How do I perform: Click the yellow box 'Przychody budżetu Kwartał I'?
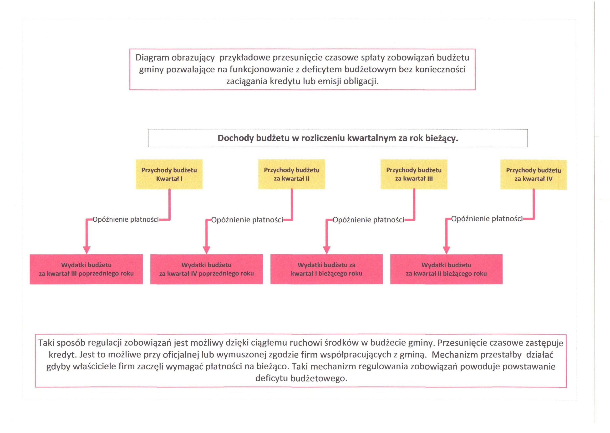[x=169, y=174]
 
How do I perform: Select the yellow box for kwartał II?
[x=292, y=174]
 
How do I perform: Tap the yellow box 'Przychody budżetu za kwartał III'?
[x=414, y=174]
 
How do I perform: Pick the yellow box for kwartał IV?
[x=534, y=175]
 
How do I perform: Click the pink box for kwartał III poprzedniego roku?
[x=86, y=269]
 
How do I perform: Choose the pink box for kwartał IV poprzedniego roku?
[x=207, y=269]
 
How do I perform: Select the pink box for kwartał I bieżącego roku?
[x=327, y=269]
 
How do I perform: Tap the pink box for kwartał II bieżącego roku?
[x=446, y=269]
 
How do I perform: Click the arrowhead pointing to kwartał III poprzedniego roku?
[x=87, y=250]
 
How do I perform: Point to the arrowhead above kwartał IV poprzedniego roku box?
[x=207, y=250]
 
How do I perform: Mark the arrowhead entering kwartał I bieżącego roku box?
[x=327, y=250]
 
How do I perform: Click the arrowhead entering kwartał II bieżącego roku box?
[x=446, y=250]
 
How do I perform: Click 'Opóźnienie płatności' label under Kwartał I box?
[x=126, y=219]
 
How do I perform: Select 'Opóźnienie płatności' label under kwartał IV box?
[x=487, y=219]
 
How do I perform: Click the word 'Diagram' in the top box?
[x=152, y=58]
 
